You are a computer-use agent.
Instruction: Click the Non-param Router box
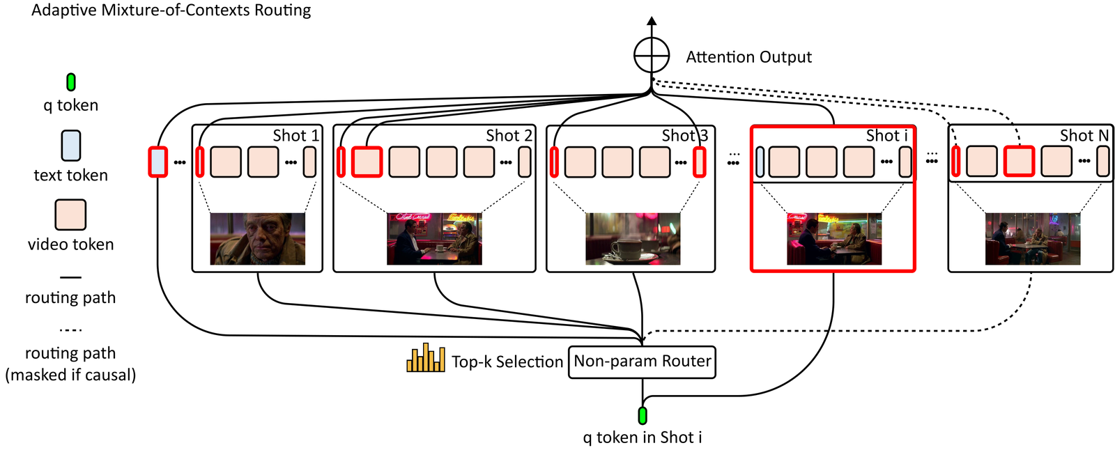[642, 362]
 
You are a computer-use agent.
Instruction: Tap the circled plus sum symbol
[652, 55]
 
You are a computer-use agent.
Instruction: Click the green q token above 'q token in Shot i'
[642, 416]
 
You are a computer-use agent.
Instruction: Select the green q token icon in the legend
[70, 82]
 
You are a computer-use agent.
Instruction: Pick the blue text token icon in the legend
[70, 146]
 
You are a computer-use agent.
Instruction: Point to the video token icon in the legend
[70, 215]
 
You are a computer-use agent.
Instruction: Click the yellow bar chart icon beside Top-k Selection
[426, 357]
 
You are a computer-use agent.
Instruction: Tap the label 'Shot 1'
[295, 135]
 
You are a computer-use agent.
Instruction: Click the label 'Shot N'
[1084, 135]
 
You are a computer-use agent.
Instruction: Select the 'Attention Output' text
[748, 57]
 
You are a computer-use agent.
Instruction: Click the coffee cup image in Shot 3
[633, 239]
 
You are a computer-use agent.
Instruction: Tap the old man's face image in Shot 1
[257, 239]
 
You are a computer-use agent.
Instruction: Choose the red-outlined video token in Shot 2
[367, 162]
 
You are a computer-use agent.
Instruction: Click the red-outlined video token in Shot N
[1019, 162]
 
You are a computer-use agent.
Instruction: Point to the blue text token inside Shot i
[760, 162]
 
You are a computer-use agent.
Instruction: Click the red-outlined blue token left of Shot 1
[157, 162]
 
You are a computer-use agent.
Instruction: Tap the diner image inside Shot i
[834, 239]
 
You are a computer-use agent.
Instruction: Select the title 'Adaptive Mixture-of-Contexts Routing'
[171, 10]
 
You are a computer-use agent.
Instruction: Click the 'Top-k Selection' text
[507, 362]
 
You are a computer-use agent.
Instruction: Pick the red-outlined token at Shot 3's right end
[700, 162]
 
